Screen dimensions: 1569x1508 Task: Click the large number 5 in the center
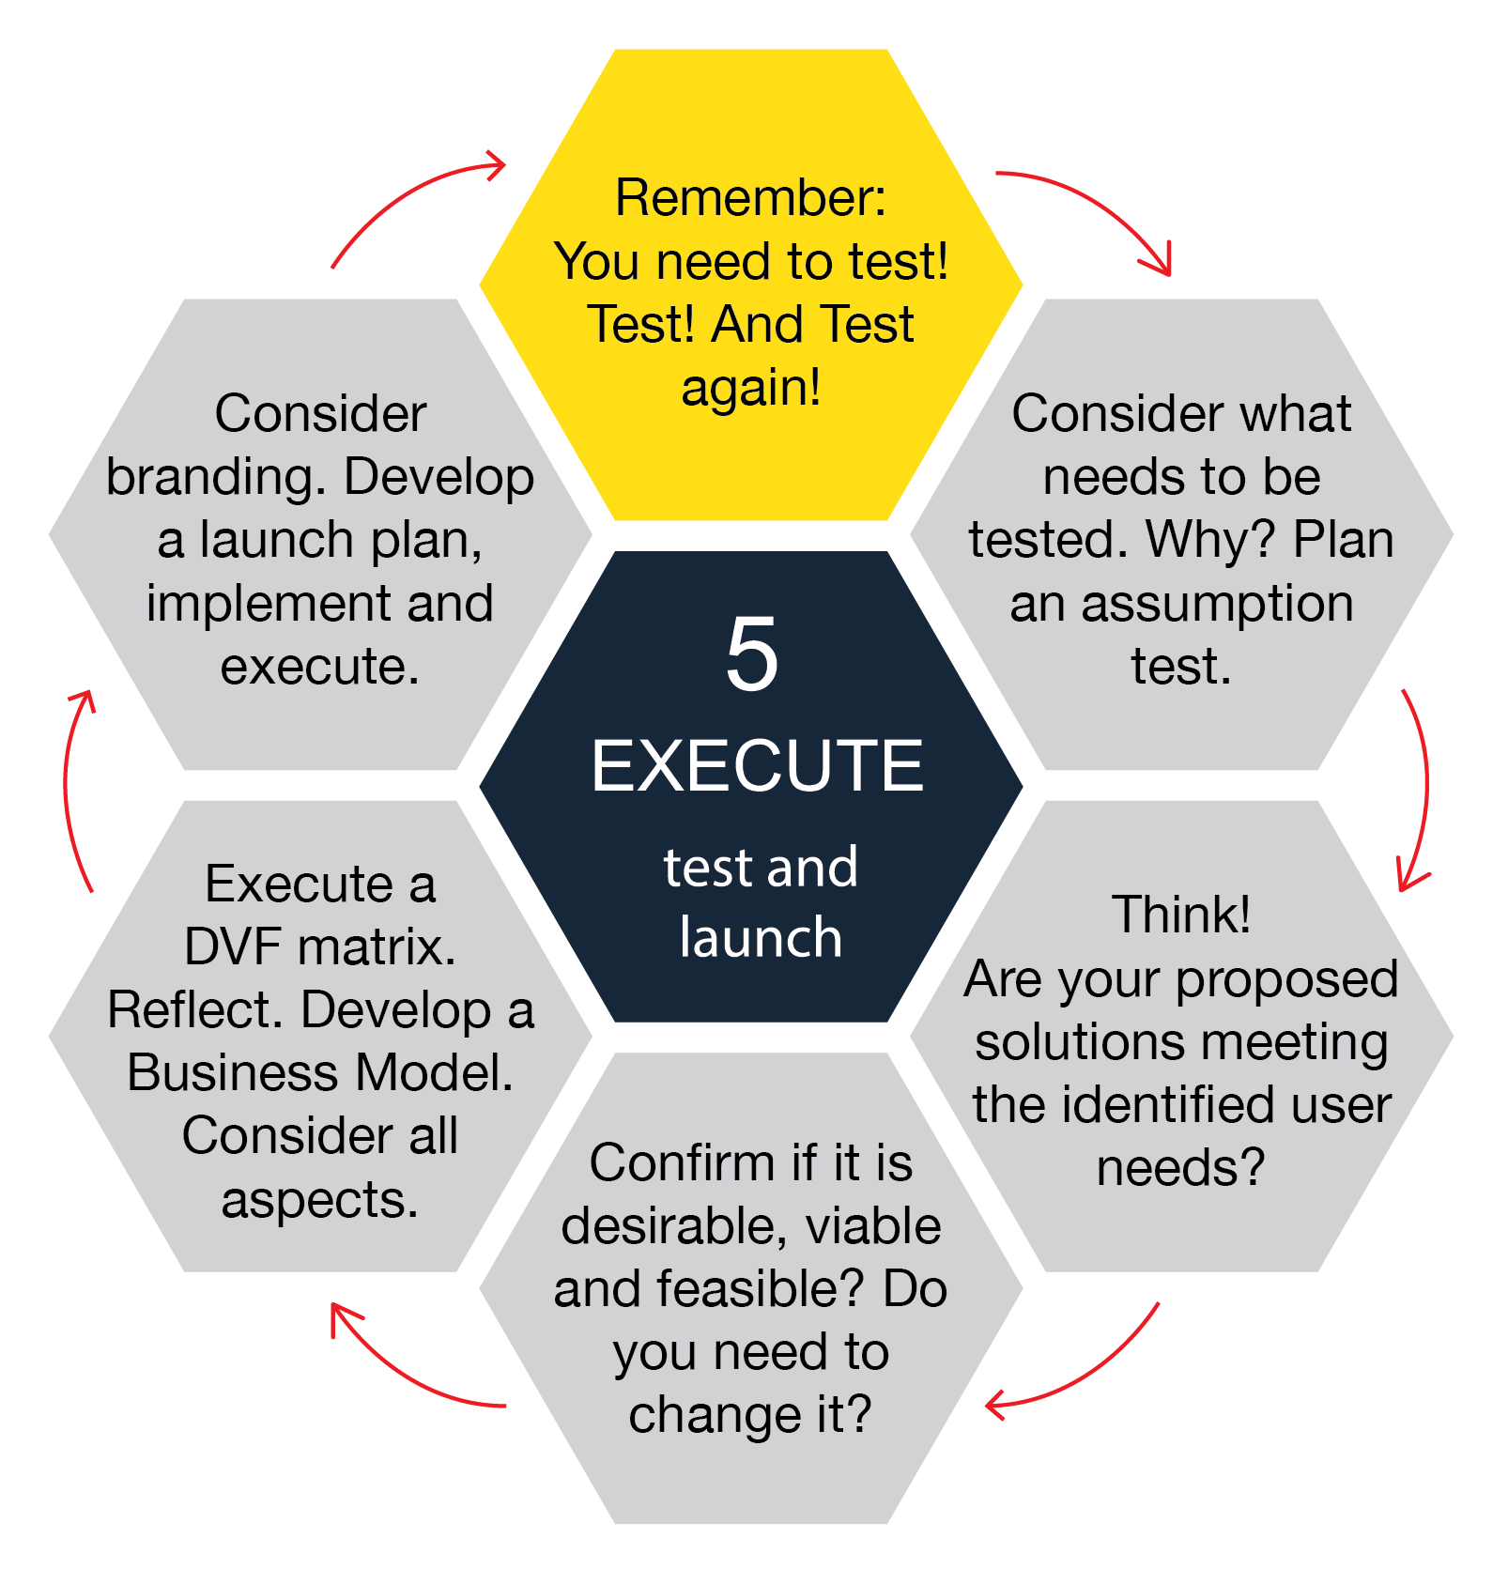752,654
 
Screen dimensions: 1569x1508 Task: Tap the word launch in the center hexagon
761,937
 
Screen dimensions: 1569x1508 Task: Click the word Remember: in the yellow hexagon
750,197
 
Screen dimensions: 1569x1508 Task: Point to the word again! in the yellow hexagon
750,387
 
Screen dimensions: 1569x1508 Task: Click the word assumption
1217,603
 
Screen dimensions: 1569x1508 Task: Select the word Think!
1181,914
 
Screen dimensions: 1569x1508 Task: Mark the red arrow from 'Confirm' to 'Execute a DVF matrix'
404,1371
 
